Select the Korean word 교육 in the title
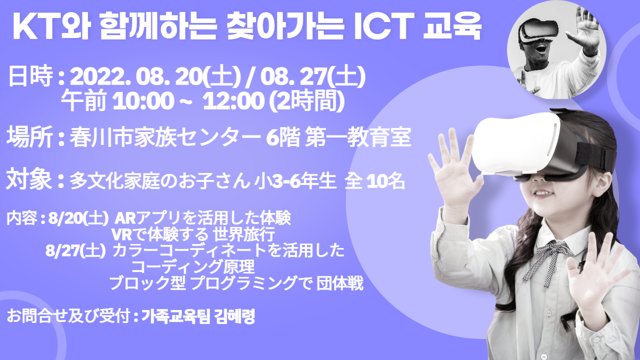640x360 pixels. coord(451,27)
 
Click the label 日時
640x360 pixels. coord(30,76)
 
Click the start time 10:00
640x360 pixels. coord(143,101)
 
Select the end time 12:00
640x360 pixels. coord(233,101)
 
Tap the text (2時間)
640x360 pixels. coord(307,101)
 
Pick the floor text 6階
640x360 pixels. coord(283,137)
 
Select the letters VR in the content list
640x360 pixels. coord(122,234)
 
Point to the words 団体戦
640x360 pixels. coord(340,283)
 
